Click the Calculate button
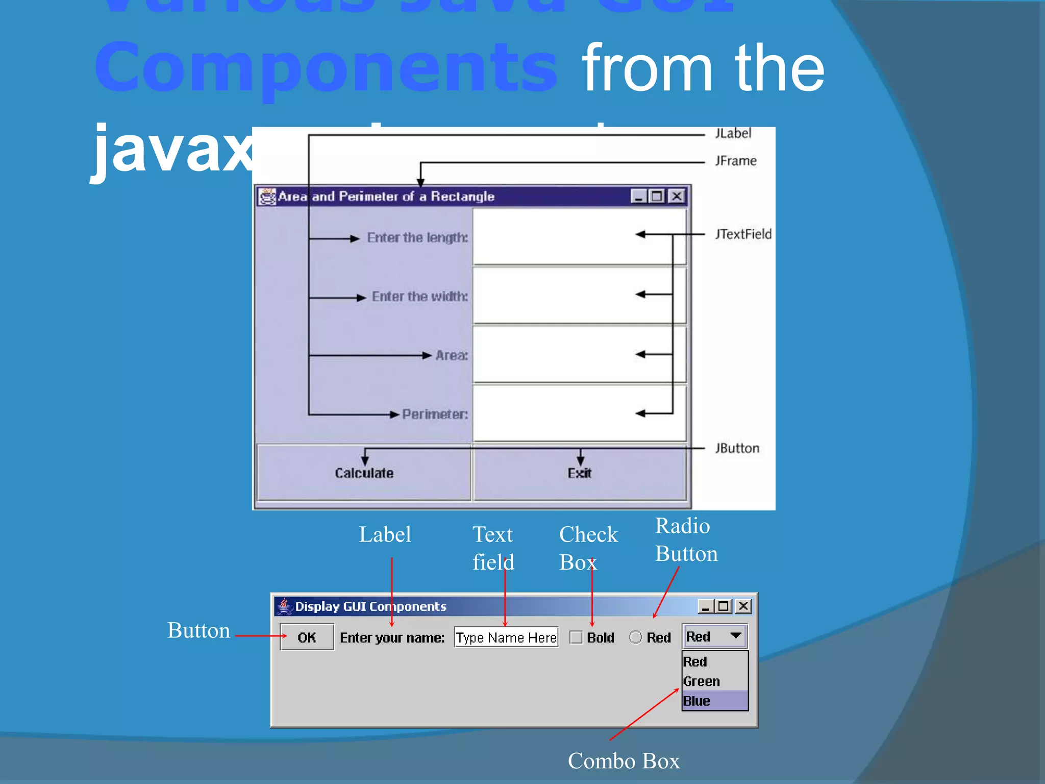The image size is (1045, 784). [x=364, y=473]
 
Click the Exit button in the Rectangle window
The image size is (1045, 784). [x=580, y=473]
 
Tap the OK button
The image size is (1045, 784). [x=307, y=637]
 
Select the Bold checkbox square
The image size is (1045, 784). [x=576, y=638]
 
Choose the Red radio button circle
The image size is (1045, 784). [x=636, y=637]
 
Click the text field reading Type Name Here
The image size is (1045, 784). [x=506, y=638]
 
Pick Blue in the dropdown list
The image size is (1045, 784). [x=697, y=701]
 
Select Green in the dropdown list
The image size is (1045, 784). [x=702, y=681]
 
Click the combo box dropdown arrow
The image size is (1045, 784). [x=735, y=636]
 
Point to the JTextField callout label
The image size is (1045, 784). [x=743, y=234]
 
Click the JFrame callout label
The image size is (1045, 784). [x=736, y=161]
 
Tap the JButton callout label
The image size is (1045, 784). [x=737, y=448]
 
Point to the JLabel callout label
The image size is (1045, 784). [x=733, y=133]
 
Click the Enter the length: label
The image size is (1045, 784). [x=417, y=238]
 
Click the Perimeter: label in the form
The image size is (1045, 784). [x=435, y=414]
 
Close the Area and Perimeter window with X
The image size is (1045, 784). [x=677, y=196]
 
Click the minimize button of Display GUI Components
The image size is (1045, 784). [x=705, y=606]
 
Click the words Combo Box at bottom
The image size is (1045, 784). [x=624, y=761]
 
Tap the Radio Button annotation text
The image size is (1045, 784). [x=686, y=540]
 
